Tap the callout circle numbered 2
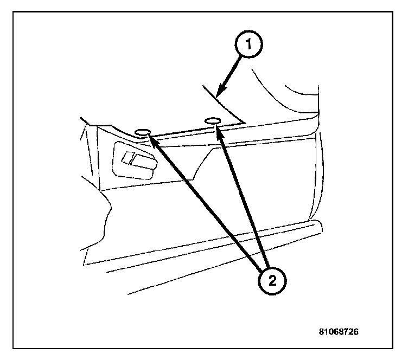click(270, 281)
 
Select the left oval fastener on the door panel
click(143, 132)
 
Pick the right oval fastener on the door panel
click(212, 120)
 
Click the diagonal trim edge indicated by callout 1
click(222, 103)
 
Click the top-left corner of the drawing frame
click(13, 13)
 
